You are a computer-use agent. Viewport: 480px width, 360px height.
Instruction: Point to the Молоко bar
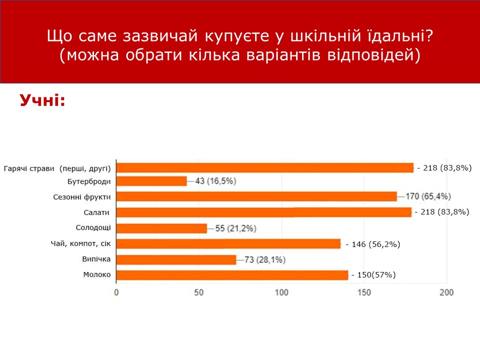point(232,275)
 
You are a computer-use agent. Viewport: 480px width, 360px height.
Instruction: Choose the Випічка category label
point(96,259)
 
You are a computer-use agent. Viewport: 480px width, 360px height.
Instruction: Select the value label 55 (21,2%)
point(235,228)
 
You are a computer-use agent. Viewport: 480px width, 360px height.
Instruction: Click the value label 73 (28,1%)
point(265,259)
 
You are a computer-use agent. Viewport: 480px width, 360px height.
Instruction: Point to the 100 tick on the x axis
point(281,292)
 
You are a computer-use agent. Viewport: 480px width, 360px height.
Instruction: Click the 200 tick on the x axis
point(446,292)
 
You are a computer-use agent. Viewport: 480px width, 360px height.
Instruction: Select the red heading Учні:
point(42,100)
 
